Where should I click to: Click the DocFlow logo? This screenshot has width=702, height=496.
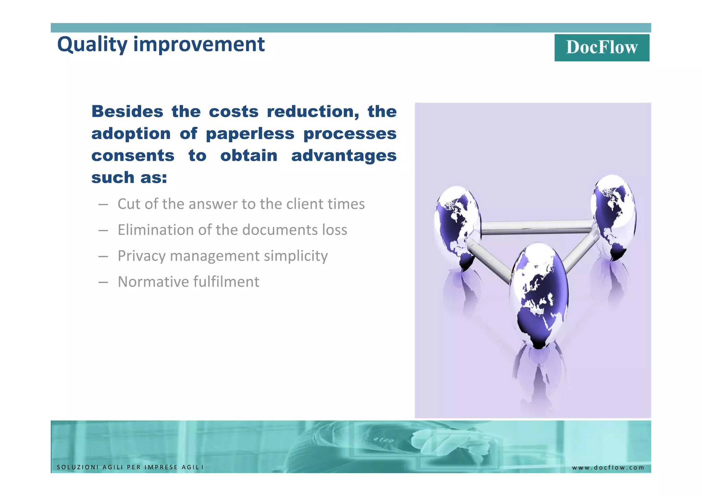(x=602, y=48)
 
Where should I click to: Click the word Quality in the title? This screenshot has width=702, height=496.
(x=92, y=45)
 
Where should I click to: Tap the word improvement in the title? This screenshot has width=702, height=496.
(x=199, y=45)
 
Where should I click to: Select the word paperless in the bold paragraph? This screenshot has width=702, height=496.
(x=250, y=134)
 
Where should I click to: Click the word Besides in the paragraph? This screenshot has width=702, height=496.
(x=127, y=112)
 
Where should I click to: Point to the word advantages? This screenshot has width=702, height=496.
(x=343, y=156)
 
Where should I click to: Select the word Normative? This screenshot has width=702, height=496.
(x=153, y=282)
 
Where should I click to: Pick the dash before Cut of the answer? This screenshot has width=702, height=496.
(x=103, y=205)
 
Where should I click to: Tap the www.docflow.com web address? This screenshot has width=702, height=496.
(x=608, y=468)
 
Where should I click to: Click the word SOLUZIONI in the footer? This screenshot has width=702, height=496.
(x=78, y=467)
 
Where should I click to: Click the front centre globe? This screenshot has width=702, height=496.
(x=538, y=295)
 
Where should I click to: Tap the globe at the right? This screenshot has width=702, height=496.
(x=614, y=216)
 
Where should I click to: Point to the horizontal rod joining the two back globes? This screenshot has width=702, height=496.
(x=536, y=227)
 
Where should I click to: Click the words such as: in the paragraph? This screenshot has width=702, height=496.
(x=129, y=178)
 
